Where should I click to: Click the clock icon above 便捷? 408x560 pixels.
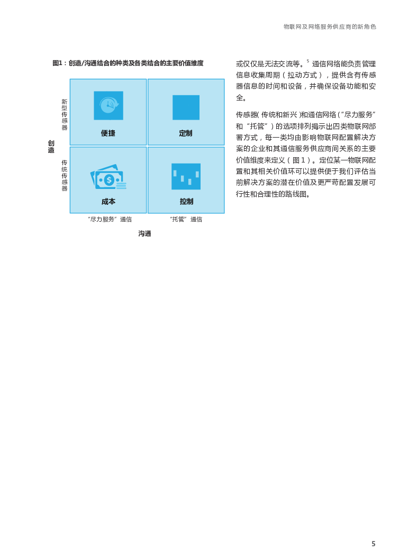[x=108, y=105]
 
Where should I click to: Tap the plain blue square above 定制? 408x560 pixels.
[x=186, y=107]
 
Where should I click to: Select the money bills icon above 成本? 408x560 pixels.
[x=108, y=177]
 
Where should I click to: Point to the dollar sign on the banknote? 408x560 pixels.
[x=109, y=180]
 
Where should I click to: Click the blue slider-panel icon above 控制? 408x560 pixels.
[x=186, y=176]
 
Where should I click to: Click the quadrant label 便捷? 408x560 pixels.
[x=108, y=133]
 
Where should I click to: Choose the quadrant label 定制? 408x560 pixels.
[x=186, y=133]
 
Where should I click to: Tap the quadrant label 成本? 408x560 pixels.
[x=108, y=202]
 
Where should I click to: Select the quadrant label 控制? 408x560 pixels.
[x=186, y=202]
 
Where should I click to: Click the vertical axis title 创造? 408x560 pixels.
[x=51, y=147]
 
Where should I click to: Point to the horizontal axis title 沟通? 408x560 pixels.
[x=145, y=233]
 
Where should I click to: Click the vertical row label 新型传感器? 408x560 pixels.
[x=65, y=114]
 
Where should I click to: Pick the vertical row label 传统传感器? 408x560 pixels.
[x=65, y=175]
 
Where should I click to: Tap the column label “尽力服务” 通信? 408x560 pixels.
[x=110, y=219]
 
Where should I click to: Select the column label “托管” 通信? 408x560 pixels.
[x=186, y=219]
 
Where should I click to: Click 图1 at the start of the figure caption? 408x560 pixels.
[x=58, y=64]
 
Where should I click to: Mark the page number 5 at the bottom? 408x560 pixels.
[x=374, y=544]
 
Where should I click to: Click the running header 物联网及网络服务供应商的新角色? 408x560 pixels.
[x=330, y=27]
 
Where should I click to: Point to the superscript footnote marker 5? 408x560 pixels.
[x=308, y=61]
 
